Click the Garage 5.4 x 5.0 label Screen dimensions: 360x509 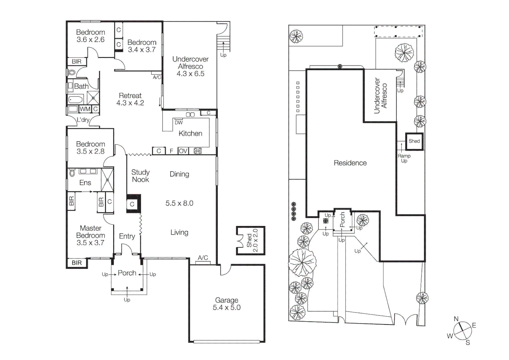click(x=227, y=304)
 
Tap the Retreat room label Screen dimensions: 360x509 click(x=130, y=99)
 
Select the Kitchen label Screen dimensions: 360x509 click(x=190, y=133)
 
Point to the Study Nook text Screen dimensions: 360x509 click(x=140, y=176)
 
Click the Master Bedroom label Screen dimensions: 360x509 click(x=90, y=235)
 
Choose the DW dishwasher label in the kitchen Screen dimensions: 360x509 click(x=179, y=122)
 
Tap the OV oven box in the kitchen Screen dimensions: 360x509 click(x=183, y=151)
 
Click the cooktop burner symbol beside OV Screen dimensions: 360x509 click(x=198, y=151)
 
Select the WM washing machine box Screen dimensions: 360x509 click(x=85, y=109)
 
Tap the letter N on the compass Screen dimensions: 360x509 click(x=456, y=319)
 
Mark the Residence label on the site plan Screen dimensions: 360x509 click(x=350, y=163)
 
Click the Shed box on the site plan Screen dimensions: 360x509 click(x=414, y=141)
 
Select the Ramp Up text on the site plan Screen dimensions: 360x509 click(x=404, y=158)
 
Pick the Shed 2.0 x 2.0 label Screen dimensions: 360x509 click(x=252, y=240)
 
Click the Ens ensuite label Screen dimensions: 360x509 click(x=85, y=183)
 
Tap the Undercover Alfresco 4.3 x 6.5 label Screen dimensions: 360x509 click(x=190, y=66)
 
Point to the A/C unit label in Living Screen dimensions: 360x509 click(x=203, y=258)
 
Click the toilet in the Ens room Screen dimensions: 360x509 click(x=72, y=173)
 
